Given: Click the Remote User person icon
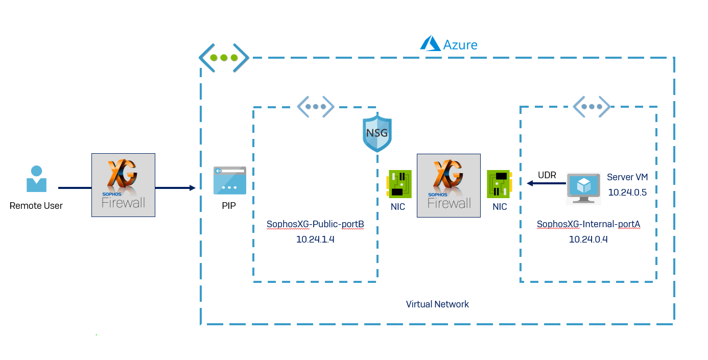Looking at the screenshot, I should tap(36, 179).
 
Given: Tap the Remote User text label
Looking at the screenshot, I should tap(36, 206).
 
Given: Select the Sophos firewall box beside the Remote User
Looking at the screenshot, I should tap(123, 185).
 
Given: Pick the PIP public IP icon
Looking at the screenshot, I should tap(229, 180).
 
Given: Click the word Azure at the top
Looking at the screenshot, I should tap(460, 45).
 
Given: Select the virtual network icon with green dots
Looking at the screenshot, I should tap(224, 58).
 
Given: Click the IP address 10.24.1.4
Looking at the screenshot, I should tap(315, 239).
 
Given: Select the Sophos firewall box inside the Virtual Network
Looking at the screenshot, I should tap(449, 185).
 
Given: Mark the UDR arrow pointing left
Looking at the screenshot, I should tap(546, 183).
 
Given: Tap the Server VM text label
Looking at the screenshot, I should tap(627, 177).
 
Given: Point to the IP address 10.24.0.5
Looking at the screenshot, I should tap(627, 192).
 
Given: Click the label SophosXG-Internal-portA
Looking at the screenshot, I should tap(588, 224).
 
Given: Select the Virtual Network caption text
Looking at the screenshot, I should tap(437, 304).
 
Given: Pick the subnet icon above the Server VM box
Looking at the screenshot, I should tap(592, 107).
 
